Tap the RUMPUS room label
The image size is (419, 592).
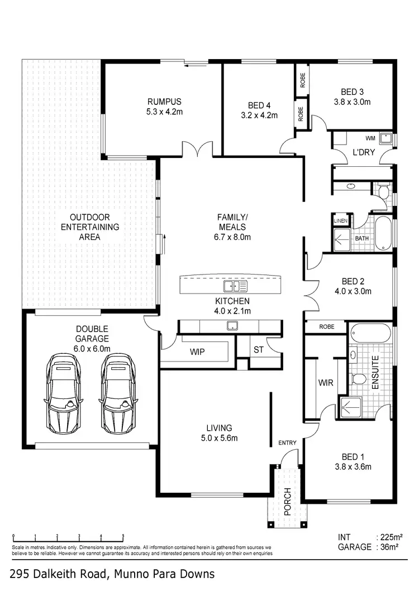(164, 102)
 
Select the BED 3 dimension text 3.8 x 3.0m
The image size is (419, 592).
(353, 102)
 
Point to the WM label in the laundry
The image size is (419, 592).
(370, 137)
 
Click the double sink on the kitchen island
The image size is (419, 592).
(235, 287)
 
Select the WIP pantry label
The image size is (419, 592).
(197, 352)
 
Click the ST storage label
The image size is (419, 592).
(258, 350)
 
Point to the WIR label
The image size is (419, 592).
(326, 383)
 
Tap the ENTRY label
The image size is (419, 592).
(287, 442)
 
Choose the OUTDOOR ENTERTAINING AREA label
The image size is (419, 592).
(89, 227)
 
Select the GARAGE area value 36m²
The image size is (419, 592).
(386, 547)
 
